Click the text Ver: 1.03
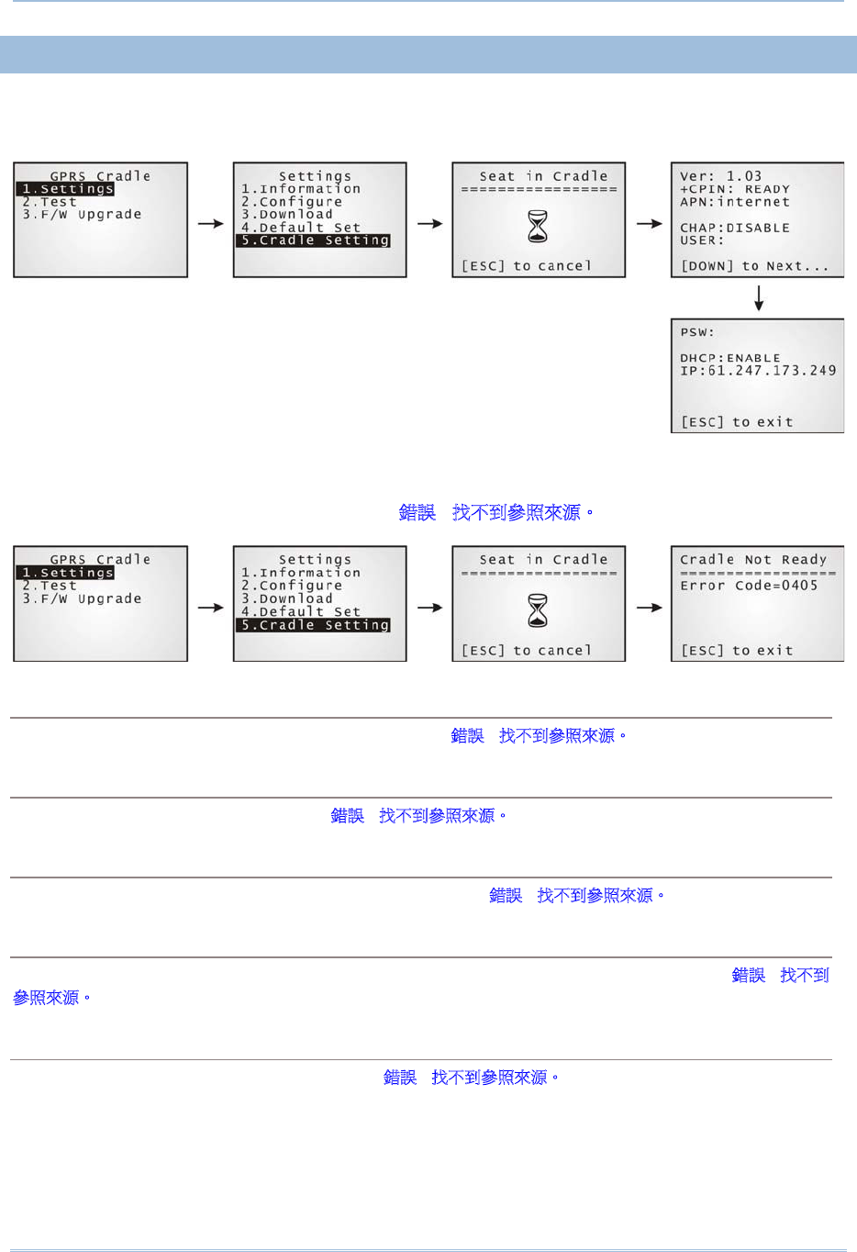point(720,176)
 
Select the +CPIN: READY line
point(734,189)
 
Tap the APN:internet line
point(734,202)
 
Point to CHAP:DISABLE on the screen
point(734,228)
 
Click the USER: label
point(701,240)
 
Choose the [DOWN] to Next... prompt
point(754,266)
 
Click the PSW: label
point(696,332)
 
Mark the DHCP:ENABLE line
point(729,358)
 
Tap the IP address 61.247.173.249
point(758,371)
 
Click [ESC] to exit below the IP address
point(737,422)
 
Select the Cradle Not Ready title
point(753,560)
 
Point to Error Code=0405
point(749,586)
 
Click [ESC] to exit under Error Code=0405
point(737,651)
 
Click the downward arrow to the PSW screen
point(759,298)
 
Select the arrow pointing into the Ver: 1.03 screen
point(649,224)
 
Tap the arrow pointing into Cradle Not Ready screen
point(649,608)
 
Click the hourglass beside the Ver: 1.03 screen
point(539,226)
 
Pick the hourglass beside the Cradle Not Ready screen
point(539,610)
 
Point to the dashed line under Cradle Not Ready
point(758,574)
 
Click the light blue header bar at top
point(428,54)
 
